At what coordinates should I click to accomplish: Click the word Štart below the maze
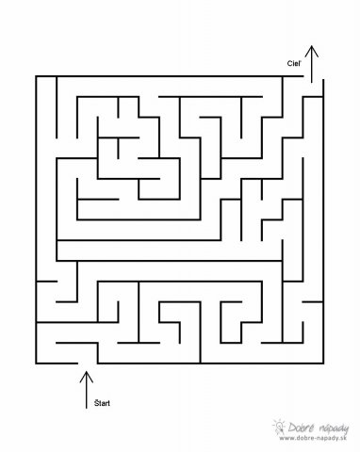tap(102, 403)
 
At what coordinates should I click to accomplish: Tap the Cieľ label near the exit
tap(294, 63)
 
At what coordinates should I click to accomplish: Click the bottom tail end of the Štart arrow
tap(87, 408)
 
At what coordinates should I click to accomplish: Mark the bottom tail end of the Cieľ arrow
tap(312, 83)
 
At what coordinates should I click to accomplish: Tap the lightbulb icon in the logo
tap(279, 427)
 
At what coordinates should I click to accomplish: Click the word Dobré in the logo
tap(301, 428)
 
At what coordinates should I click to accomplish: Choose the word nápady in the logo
tap(334, 428)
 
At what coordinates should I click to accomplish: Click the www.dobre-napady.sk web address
tap(313, 439)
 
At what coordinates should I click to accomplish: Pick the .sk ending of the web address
tap(342, 439)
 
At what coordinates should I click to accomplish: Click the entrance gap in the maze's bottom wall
tap(88, 363)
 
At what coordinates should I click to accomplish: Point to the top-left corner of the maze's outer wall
tap(36, 76)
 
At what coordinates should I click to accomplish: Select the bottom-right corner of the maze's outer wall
tap(323, 363)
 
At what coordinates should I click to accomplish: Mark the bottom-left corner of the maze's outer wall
tap(36, 363)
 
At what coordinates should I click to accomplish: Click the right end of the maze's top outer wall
tap(303, 76)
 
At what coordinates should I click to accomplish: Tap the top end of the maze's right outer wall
tap(323, 80)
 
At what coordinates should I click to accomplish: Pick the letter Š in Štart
tap(96, 403)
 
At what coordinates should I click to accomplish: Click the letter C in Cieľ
tap(289, 63)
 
